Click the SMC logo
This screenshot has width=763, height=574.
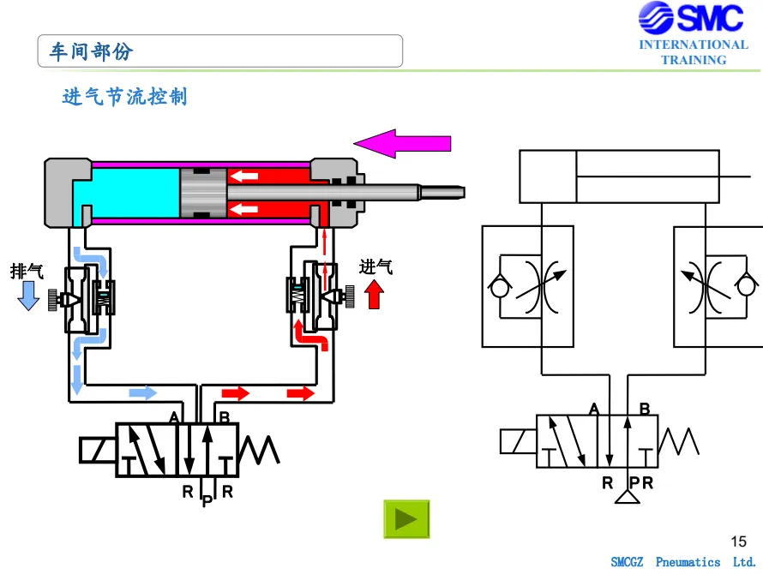pos(692,17)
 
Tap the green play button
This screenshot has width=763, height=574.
pos(406,519)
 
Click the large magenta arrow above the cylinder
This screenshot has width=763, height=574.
pos(402,144)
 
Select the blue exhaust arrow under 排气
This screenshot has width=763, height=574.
pos(28,296)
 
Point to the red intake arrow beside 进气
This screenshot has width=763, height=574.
pos(374,295)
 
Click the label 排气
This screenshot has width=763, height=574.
pos(27,271)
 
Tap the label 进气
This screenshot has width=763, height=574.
pos(375,266)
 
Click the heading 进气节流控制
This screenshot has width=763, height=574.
pos(124,96)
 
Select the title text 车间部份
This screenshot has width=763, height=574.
pos(91,51)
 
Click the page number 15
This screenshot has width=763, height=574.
pos(738,541)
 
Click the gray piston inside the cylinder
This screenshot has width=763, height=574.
pos(203,193)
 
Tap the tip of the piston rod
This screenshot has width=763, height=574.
pos(464,193)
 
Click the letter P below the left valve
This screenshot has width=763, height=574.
pos(207,500)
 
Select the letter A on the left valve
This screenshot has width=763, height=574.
pos(174,417)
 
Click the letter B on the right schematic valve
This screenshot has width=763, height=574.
pos(645,409)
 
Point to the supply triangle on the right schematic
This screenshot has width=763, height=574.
pos(628,497)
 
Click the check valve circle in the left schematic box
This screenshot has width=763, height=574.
pos(499,286)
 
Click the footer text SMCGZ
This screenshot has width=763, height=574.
pos(627,562)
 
